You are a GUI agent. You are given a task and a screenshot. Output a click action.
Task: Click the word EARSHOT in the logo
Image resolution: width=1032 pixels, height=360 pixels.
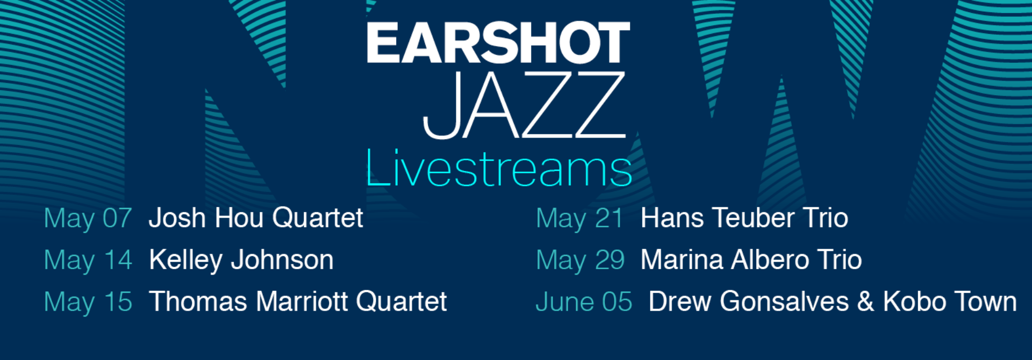pyautogui.click(x=498, y=42)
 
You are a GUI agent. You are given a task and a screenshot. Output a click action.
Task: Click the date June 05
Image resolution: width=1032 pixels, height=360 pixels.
pyautogui.click(x=584, y=302)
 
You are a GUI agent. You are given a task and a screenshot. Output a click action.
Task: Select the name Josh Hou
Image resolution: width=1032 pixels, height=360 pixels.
pyautogui.click(x=206, y=218)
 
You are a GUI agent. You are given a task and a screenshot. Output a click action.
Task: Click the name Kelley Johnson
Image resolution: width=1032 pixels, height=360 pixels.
pyautogui.click(x=241, y=261)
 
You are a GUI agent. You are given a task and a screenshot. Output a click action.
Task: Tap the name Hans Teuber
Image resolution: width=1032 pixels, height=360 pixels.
pyautogui.click(x=718, y=218)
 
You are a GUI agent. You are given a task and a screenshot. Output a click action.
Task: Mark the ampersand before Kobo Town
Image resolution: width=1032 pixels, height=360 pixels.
pyautogui.click(x=865, y=302)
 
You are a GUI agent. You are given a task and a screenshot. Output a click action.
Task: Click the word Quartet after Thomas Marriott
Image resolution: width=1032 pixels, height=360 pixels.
pyautogui.click(x=401, y=302)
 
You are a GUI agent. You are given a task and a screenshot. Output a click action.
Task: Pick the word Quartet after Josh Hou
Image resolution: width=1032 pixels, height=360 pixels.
pyautogui.click(x=317, y=219)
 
